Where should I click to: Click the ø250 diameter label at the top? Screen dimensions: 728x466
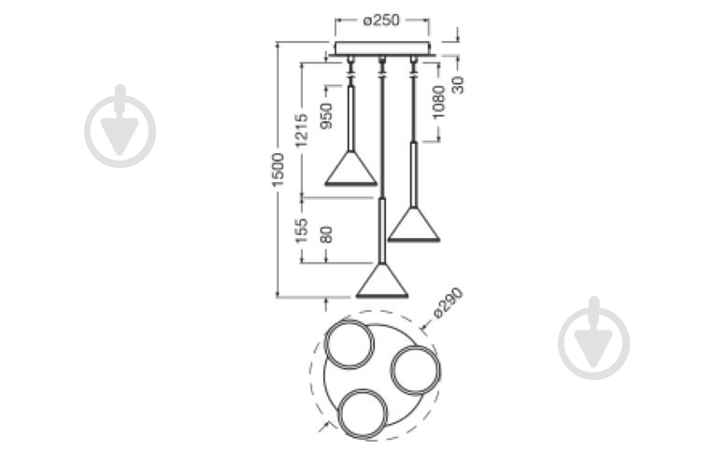point(380,20)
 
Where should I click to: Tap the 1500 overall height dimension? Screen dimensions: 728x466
point(278,170)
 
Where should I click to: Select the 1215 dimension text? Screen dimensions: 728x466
point(302,130)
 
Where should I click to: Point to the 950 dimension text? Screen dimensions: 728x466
point(327,116)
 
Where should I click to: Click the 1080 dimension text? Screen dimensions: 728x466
point(437,102)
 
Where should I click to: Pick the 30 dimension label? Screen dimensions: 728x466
point(458,84)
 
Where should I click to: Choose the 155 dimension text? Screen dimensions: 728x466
point(302,231)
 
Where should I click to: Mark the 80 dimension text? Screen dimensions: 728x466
point(327,234)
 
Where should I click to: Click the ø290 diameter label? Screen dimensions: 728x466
point(448,303)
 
